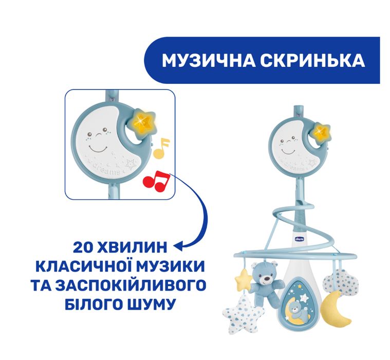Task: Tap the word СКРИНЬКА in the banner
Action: pos(314,61)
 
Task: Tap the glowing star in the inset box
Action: pos(145,122)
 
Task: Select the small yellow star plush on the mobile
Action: pos(243,278)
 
